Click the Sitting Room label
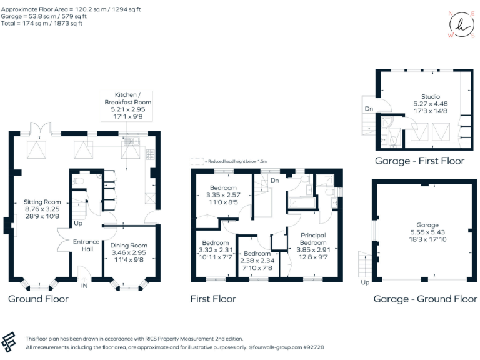pyautogui.click(x=42, y=202)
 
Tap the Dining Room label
pyautogui.click(x=128, y=246)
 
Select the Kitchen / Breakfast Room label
pyautogui.click(x=127, y=97)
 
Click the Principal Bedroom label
pyautogui.click(x=313, y=239)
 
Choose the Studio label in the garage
pyautogui.click(x=431, y=97)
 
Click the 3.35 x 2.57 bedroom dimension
pyautogui.click(x=223, y=195)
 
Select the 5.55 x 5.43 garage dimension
pyautogui.click(x=428, y=232)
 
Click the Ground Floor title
pyautogui.click(x=38, y=299)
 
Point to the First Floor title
pyautogui.click(x=213, y=299)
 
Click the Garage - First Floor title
pyautogui.click(x=419, y=161)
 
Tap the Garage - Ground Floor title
pyautogui.click(x=425, y=299)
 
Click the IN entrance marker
pyautogui.click(x=84, y=286)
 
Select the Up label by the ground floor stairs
pyautogui.click(x=78, y=223)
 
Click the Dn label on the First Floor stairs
pyautogui.click(x=274, y=181)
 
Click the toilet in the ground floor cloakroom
pyautogui.click(x=77, y=181)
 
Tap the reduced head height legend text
pyautogui.click(x=237, y=161)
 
